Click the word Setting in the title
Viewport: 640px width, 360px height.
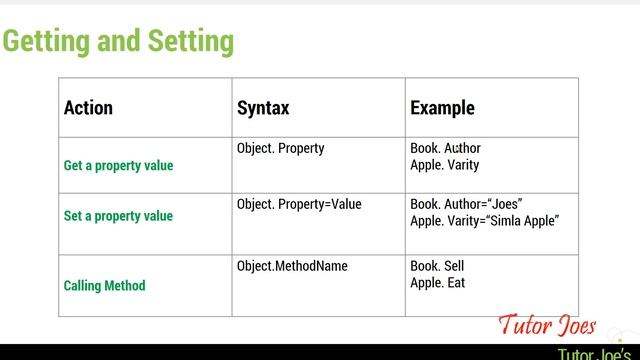tap(190, 41)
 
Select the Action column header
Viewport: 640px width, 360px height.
tap(88, 108)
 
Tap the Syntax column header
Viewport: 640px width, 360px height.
tap(263, 108)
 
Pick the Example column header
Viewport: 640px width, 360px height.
tap(442, 108)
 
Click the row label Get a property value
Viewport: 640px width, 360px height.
tap(118, 165)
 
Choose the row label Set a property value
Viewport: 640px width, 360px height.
tap(118, 215)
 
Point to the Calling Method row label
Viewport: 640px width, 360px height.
tap(104, 285)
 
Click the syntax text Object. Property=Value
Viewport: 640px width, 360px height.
tap(299, 204)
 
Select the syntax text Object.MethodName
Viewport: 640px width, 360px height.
tap(292, 266)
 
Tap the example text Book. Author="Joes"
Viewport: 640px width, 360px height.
tap(466, 204)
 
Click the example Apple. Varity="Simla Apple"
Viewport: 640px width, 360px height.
tap(484, 220)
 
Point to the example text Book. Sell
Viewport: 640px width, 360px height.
tap(437, 266)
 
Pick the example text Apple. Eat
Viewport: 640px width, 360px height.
tap(437, 282)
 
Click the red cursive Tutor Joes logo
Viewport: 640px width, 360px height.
tap(548, 326)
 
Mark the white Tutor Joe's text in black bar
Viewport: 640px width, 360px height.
tap(597, 353)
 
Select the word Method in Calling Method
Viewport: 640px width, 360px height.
tap(125, 285)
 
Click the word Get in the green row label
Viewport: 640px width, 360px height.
tap(74, 165)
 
